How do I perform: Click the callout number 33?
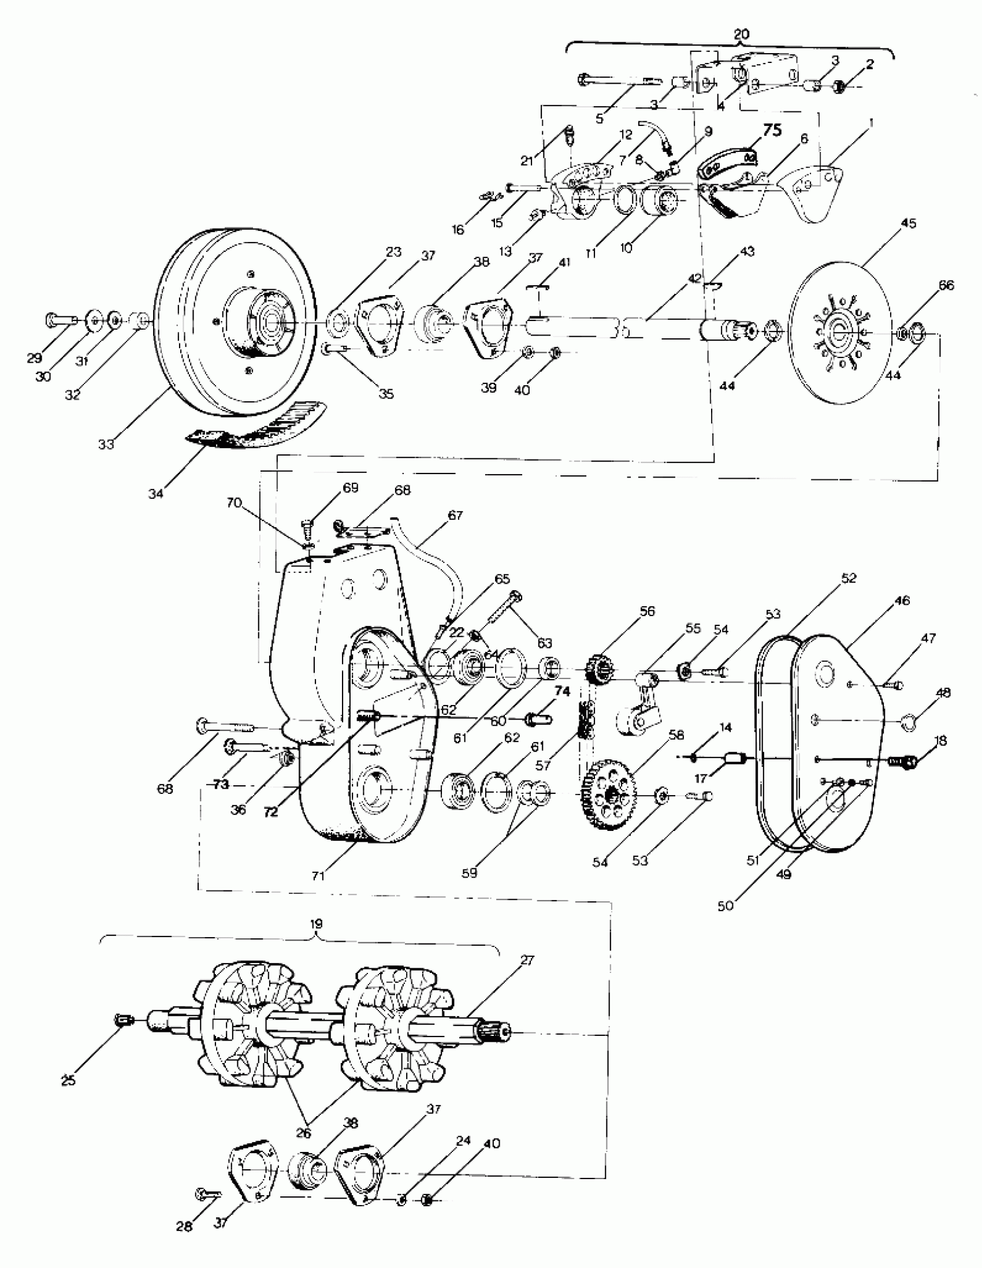tap(106, 444)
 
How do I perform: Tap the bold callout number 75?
tap(772, 131)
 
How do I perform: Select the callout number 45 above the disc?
tap(908, 223)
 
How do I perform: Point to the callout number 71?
tap(318, 876)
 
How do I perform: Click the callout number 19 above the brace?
tap(317, 924)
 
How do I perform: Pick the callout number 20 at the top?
tap(742, 34)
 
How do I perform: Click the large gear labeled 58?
tap(609, 795)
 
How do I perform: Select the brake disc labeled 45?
tap(840, 331)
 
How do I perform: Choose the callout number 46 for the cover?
tap(901, 601)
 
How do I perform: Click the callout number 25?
tap(69, 1080)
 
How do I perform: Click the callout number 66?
tap(946, 286)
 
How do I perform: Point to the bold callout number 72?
tap(271, 812)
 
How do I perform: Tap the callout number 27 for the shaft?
tap(526, 961)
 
